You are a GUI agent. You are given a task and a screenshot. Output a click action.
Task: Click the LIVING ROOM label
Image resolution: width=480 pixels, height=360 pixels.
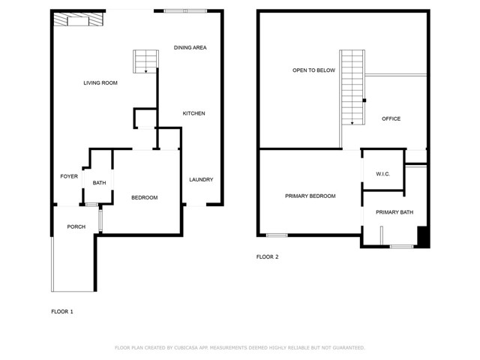pyautogui.click(x=100, y=82)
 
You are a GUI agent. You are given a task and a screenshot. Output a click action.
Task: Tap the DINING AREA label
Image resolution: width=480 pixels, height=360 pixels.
pyautogui.click(x=190, y=47)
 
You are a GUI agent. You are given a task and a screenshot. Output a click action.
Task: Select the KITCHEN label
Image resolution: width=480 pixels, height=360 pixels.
pyautogui.click(x=193, y=113)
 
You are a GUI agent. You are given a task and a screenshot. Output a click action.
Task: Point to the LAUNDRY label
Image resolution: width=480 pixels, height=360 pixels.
pyautogui.click(x=201, y=179)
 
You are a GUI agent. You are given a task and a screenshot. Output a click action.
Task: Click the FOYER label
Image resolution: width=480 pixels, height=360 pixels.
pyautogui.click(x=69, y=176)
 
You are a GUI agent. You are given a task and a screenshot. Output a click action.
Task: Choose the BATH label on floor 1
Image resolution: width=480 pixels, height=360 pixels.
pyautogui.click(x=100, y=183)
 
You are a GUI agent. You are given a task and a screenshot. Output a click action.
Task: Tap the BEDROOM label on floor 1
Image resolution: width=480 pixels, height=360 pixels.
pyautogui.click(x=144, y=197)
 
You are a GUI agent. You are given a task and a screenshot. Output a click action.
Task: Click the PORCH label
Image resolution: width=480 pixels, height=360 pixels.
pyautogui.click(x=76, y=226)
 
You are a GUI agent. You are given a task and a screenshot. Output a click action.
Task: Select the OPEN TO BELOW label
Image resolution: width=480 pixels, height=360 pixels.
pyautogui.click(x=313, y=70)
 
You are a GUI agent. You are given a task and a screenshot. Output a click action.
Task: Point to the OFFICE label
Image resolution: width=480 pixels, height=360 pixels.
pyautogui.click(x=391, y=118)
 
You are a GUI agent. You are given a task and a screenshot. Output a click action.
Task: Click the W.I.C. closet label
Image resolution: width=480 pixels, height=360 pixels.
pyautogui.click(x=382, y=174)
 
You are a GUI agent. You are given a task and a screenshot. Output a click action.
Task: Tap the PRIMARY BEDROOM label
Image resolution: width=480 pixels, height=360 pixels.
pyautogui.click(x=310, y=196)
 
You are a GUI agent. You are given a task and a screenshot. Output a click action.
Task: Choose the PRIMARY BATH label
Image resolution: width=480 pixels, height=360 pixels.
pyautogui.click(x=394, y=212)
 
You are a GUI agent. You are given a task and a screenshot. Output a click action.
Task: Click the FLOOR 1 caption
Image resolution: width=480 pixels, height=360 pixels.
pyautogui.click(x=62, y=311)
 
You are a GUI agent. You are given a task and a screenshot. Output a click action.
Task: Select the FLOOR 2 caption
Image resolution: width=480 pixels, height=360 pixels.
pyautogui.click(x=267, y=256)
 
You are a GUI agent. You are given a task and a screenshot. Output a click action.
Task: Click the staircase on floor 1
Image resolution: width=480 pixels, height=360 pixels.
pyautogui.click(x=145, y=61)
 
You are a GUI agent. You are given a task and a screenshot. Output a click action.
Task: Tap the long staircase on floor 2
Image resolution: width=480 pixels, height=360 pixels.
pyautogui.click(x=351, y=88)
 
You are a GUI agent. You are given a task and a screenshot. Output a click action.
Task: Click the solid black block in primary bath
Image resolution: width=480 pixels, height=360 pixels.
pyautogui.click(x=423, y=236)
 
